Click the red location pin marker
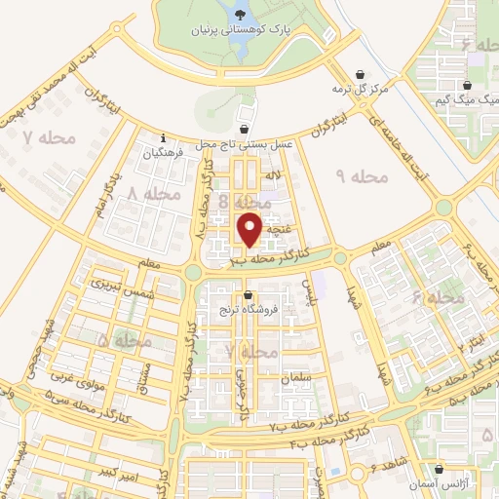point(250,228)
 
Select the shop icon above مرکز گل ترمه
point(362,74)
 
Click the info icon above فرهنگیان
point(163,137)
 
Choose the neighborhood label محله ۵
point(125,342)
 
